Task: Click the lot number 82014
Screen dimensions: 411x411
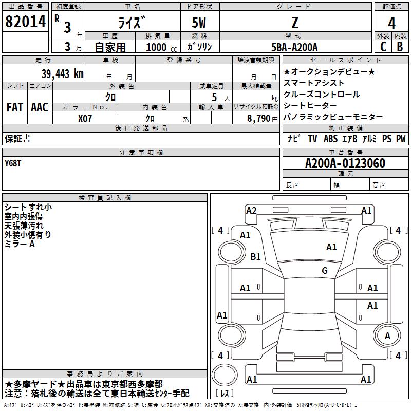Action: (x=25, y=22)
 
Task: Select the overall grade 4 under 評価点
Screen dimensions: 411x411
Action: (x=391, y=24)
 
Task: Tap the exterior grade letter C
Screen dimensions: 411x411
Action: (x=383, y=47)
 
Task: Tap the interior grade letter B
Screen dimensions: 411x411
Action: (x=400, y=47)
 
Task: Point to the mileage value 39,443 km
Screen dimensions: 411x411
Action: (x=62, y=73)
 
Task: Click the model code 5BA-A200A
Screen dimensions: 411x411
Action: (x=294, y=47)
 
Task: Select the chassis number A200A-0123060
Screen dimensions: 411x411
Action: (x=345, y=163)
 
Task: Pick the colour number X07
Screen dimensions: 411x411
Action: (x=85, y=119)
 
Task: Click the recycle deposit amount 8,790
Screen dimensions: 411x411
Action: (x=259, y=118)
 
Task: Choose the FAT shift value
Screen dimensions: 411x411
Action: (x=15, y=107)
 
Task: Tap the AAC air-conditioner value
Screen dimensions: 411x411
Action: (x=40, y=107)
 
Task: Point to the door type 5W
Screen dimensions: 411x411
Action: (x=199, y=23)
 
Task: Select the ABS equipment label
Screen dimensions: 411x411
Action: (x=330, y=138)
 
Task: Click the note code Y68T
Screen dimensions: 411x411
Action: (x=13, y=163)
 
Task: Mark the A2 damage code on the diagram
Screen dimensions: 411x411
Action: (x=251, y=211)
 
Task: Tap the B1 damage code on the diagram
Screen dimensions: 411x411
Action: (x=255, y=256)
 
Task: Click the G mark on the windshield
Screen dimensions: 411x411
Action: (x=325, y=270)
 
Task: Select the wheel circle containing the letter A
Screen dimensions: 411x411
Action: (x=387, y=335)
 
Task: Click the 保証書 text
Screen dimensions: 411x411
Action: (x=17, y=138)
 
